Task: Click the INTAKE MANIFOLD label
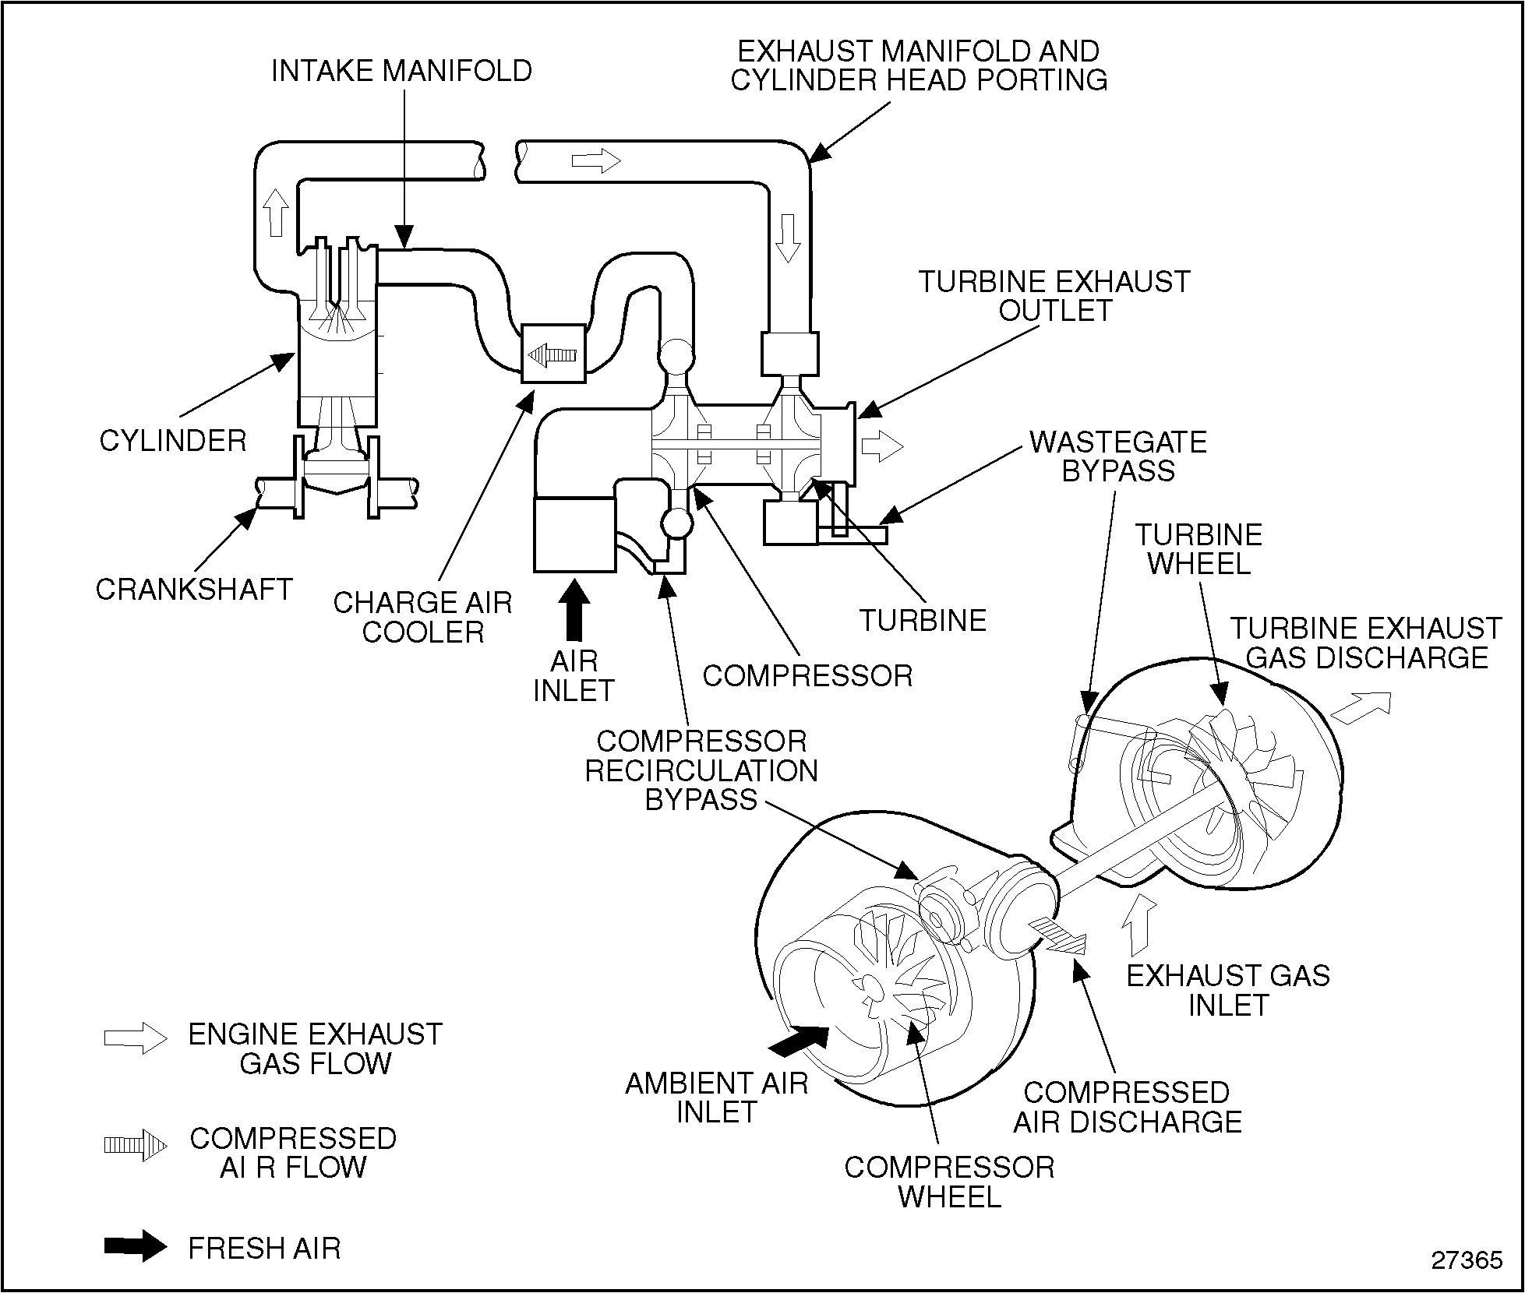(x=401, y=71)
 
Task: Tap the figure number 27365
(x=1467, y=1260)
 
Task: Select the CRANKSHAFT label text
(x=194, y=589)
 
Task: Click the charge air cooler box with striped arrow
(x=553, y=354)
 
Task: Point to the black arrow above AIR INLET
(x=575, y=610)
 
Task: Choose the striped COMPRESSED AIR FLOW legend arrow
(x=136, y=1145)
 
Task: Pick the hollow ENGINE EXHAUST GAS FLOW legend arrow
(x=136, y=1038)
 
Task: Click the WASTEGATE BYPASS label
(x=1118, y=456)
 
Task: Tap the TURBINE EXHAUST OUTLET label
(x=1054, y=296)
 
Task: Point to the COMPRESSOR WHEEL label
(x=949, y=1182)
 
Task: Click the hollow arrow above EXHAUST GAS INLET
(x=1138, y=925)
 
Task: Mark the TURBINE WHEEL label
(x=1198, y=549)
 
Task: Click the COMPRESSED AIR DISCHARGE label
(x=1127, y=1107)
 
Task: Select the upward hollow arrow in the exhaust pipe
(x=275, y=211)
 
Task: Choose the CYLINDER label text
(x=173, y=441)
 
